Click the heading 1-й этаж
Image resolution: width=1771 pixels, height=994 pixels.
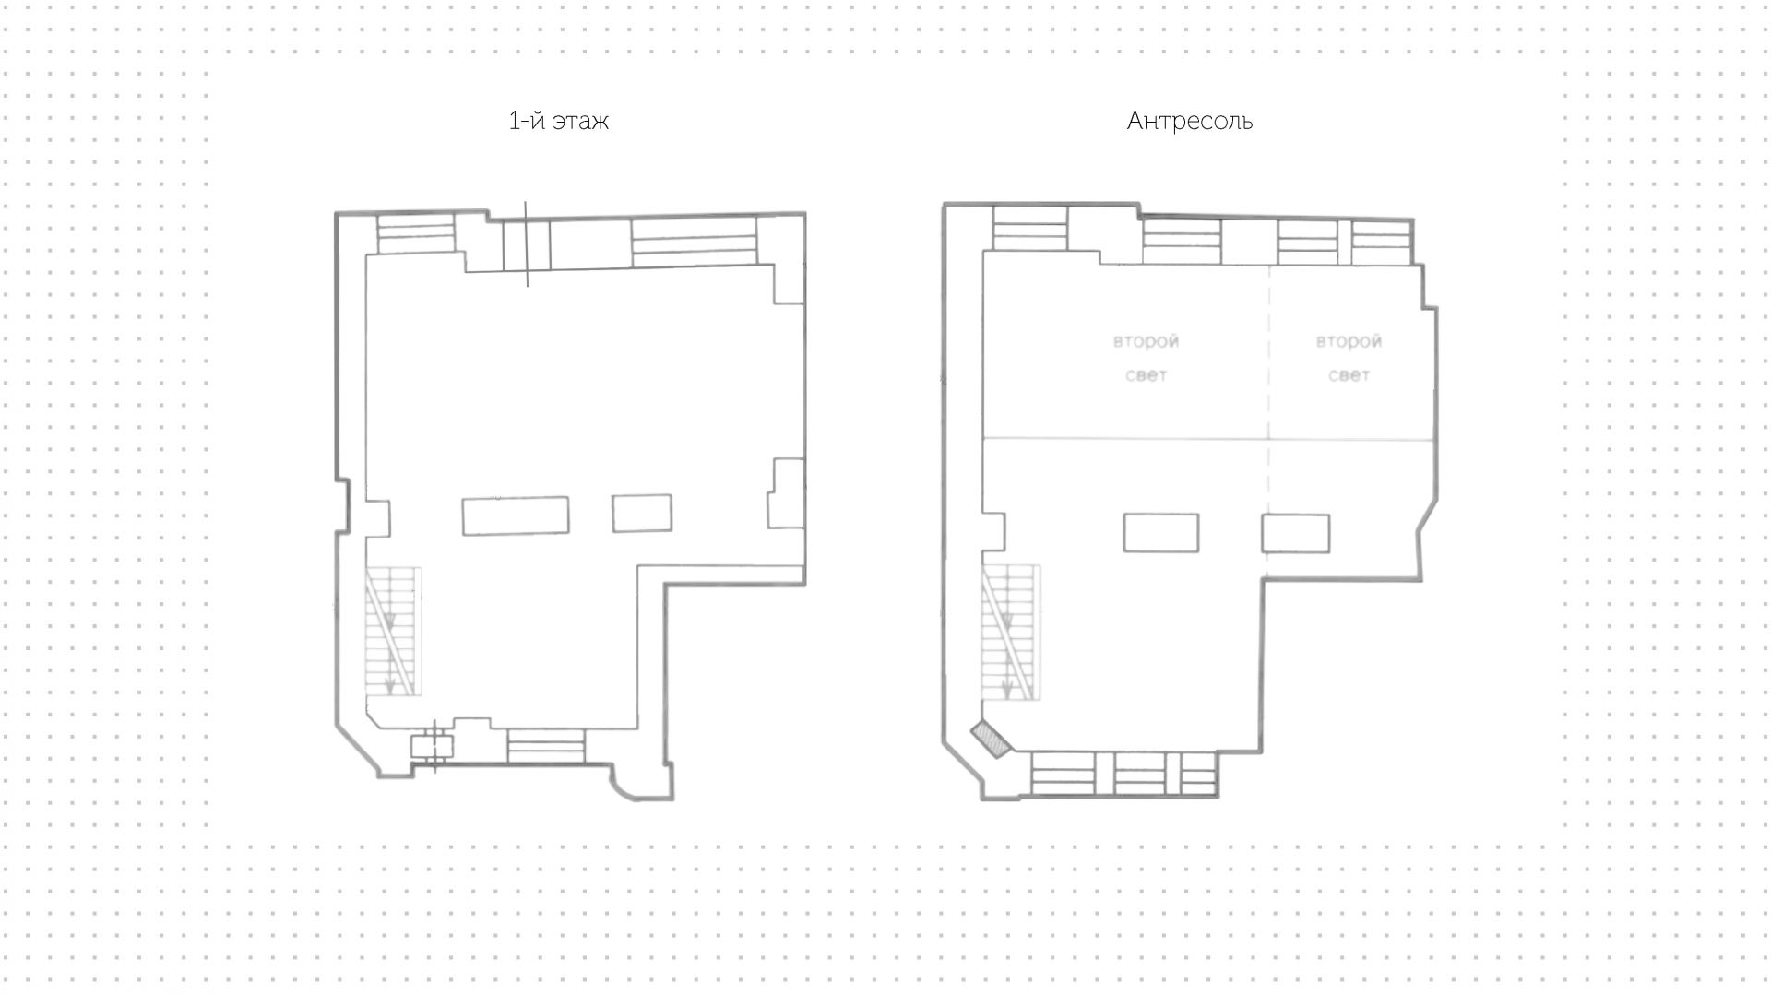558,121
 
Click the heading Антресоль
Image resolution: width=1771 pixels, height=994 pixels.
1189,121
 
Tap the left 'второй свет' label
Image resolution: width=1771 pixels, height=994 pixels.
1146,358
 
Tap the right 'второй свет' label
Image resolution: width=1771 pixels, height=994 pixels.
1349,358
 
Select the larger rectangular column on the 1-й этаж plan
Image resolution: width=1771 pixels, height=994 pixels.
516,515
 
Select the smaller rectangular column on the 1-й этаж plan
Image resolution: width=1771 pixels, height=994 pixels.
642,513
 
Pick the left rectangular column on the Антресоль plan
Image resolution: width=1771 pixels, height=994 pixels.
1161,533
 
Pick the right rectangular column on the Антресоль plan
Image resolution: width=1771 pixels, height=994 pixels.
1296,534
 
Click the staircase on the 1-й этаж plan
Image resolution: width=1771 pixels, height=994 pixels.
394,632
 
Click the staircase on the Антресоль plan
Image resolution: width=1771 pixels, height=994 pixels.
1012,632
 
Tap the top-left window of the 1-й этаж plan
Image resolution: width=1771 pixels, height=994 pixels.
417,233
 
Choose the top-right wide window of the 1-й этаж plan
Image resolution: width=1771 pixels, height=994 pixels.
694,242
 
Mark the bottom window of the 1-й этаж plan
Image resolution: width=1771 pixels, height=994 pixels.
546,746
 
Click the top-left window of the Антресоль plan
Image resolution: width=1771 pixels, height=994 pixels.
1030,228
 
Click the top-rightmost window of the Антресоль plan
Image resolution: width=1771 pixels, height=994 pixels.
1382,242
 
